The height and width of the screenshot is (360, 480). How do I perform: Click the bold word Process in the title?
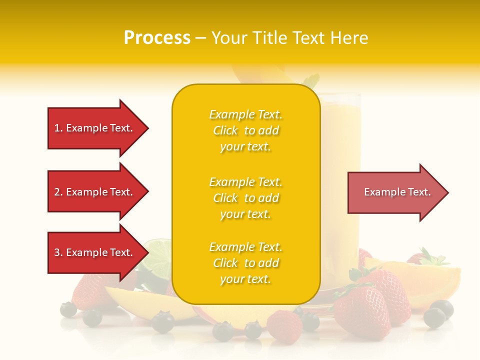(x=157, y=37)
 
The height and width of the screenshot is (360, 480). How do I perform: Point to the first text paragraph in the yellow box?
(x=245, y=130)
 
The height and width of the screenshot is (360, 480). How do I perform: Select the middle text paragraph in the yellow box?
(x=245, y=198)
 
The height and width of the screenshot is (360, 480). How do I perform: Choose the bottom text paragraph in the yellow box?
(x=245, y=263)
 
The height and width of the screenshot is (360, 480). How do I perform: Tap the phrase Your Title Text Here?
(x=289, y=37)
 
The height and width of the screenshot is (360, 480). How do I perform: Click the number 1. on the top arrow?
(x=58, y=128)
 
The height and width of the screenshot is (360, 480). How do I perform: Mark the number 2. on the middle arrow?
(x=58, y=192)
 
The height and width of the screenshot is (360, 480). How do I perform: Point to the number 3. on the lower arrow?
(x=58, y=253)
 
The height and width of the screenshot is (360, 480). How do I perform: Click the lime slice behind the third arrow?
(x=156, y=257)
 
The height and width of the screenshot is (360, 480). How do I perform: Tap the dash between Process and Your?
(x=200, y=38)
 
